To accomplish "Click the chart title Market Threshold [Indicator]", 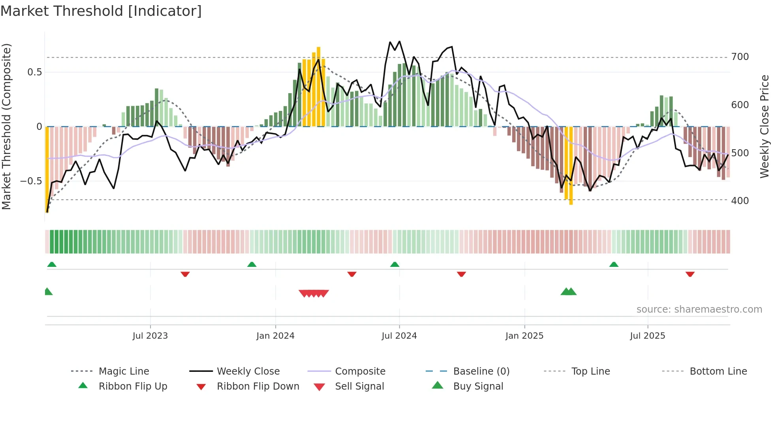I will pyautogui.click(x=101, y=11).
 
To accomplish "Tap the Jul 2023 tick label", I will pyautogui.click(x=150, y=336).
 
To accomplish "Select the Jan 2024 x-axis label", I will pyautogui.click(x=275, y=336).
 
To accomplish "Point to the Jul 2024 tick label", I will pyautogui.click(x=399, y=336).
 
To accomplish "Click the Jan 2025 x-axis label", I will pyautogui.click(x=524, y=336).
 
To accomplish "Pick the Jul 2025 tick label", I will pyautogui.click(x=647, y=336).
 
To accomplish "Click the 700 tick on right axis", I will pyautogui.click(x=740, y=57).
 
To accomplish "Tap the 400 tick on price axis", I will pyautogui.click(x=740, y=201).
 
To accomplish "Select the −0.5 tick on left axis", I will pyautogui.click(x=31, y=181).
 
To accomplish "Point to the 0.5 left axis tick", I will pyautogui.click(x=34, y=72).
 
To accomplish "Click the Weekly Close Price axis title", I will pyautogui.click(x=765, y=126).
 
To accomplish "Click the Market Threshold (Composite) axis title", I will pyautogui.click(x=6, y=126).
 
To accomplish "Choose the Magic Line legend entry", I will pyautogui.click(x=124, y=371).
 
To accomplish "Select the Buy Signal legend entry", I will pyautogui.click(x=478, y=386).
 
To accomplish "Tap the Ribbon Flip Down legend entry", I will pyautogui.click(x=257, y=386).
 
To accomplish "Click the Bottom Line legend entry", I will pyautogui.click(x=718, y=371).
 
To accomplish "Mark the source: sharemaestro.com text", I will pyautogui.click(x=699, y=309).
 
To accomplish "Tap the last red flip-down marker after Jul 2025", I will pyautogui.click(x=690, y=274).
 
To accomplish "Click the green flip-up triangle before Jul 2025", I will pyautogui.click(x=614, y=264).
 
